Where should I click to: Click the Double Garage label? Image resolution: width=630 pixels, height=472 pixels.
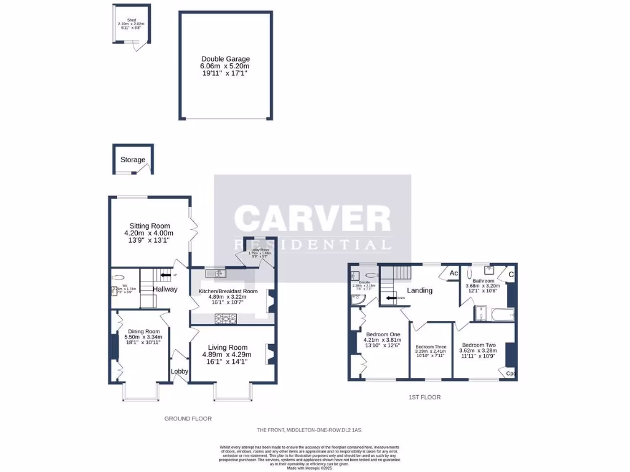(x=225, y=59)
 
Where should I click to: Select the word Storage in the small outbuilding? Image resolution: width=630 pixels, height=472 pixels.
(x=133, y=160)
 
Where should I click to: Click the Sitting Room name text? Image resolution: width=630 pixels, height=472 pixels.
(x=149, y=226)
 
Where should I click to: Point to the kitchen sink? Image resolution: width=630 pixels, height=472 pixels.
(x=218, y=273)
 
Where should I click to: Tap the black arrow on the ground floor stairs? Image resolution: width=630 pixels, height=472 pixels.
(x=165, y=275)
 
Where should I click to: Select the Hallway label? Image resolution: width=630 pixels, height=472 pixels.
(x=165, y=289)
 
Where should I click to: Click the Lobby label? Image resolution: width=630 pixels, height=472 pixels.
(x=179, y=371)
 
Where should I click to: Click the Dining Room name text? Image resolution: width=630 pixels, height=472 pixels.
(x=143, y=331)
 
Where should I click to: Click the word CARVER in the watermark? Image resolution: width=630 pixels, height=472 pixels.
(x=313, y=218)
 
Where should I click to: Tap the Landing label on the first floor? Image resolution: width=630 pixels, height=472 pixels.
(x=420, y=290)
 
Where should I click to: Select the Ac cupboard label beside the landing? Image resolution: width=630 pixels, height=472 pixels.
(x=453, y=273)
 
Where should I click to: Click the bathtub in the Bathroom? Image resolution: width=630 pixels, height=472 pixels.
(x=503, y=314)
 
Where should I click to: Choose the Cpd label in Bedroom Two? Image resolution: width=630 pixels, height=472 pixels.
(x=510, y=373)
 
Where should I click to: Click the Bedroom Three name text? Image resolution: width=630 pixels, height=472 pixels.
(x=431, y=347)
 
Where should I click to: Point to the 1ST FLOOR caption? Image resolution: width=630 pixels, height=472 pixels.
(x=425, y=397)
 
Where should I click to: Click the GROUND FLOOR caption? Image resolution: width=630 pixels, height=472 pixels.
(x=188, y=419)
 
